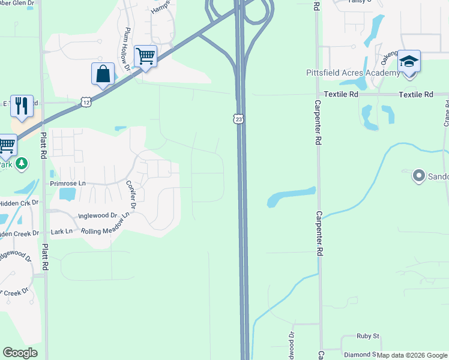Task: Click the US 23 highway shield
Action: (239, 119)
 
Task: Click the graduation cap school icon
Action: (409, 62)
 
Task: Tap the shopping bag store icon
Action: (103, 74)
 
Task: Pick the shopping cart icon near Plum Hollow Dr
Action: (146, 57)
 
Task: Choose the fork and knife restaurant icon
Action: (22, 106)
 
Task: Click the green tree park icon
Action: (22, 163)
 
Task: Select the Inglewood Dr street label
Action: (97, 215)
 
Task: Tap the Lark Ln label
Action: (62, 231)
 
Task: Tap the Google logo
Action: (20, 353)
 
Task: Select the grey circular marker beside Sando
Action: (418, 176)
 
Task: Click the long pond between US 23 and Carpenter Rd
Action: (290, 197)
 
